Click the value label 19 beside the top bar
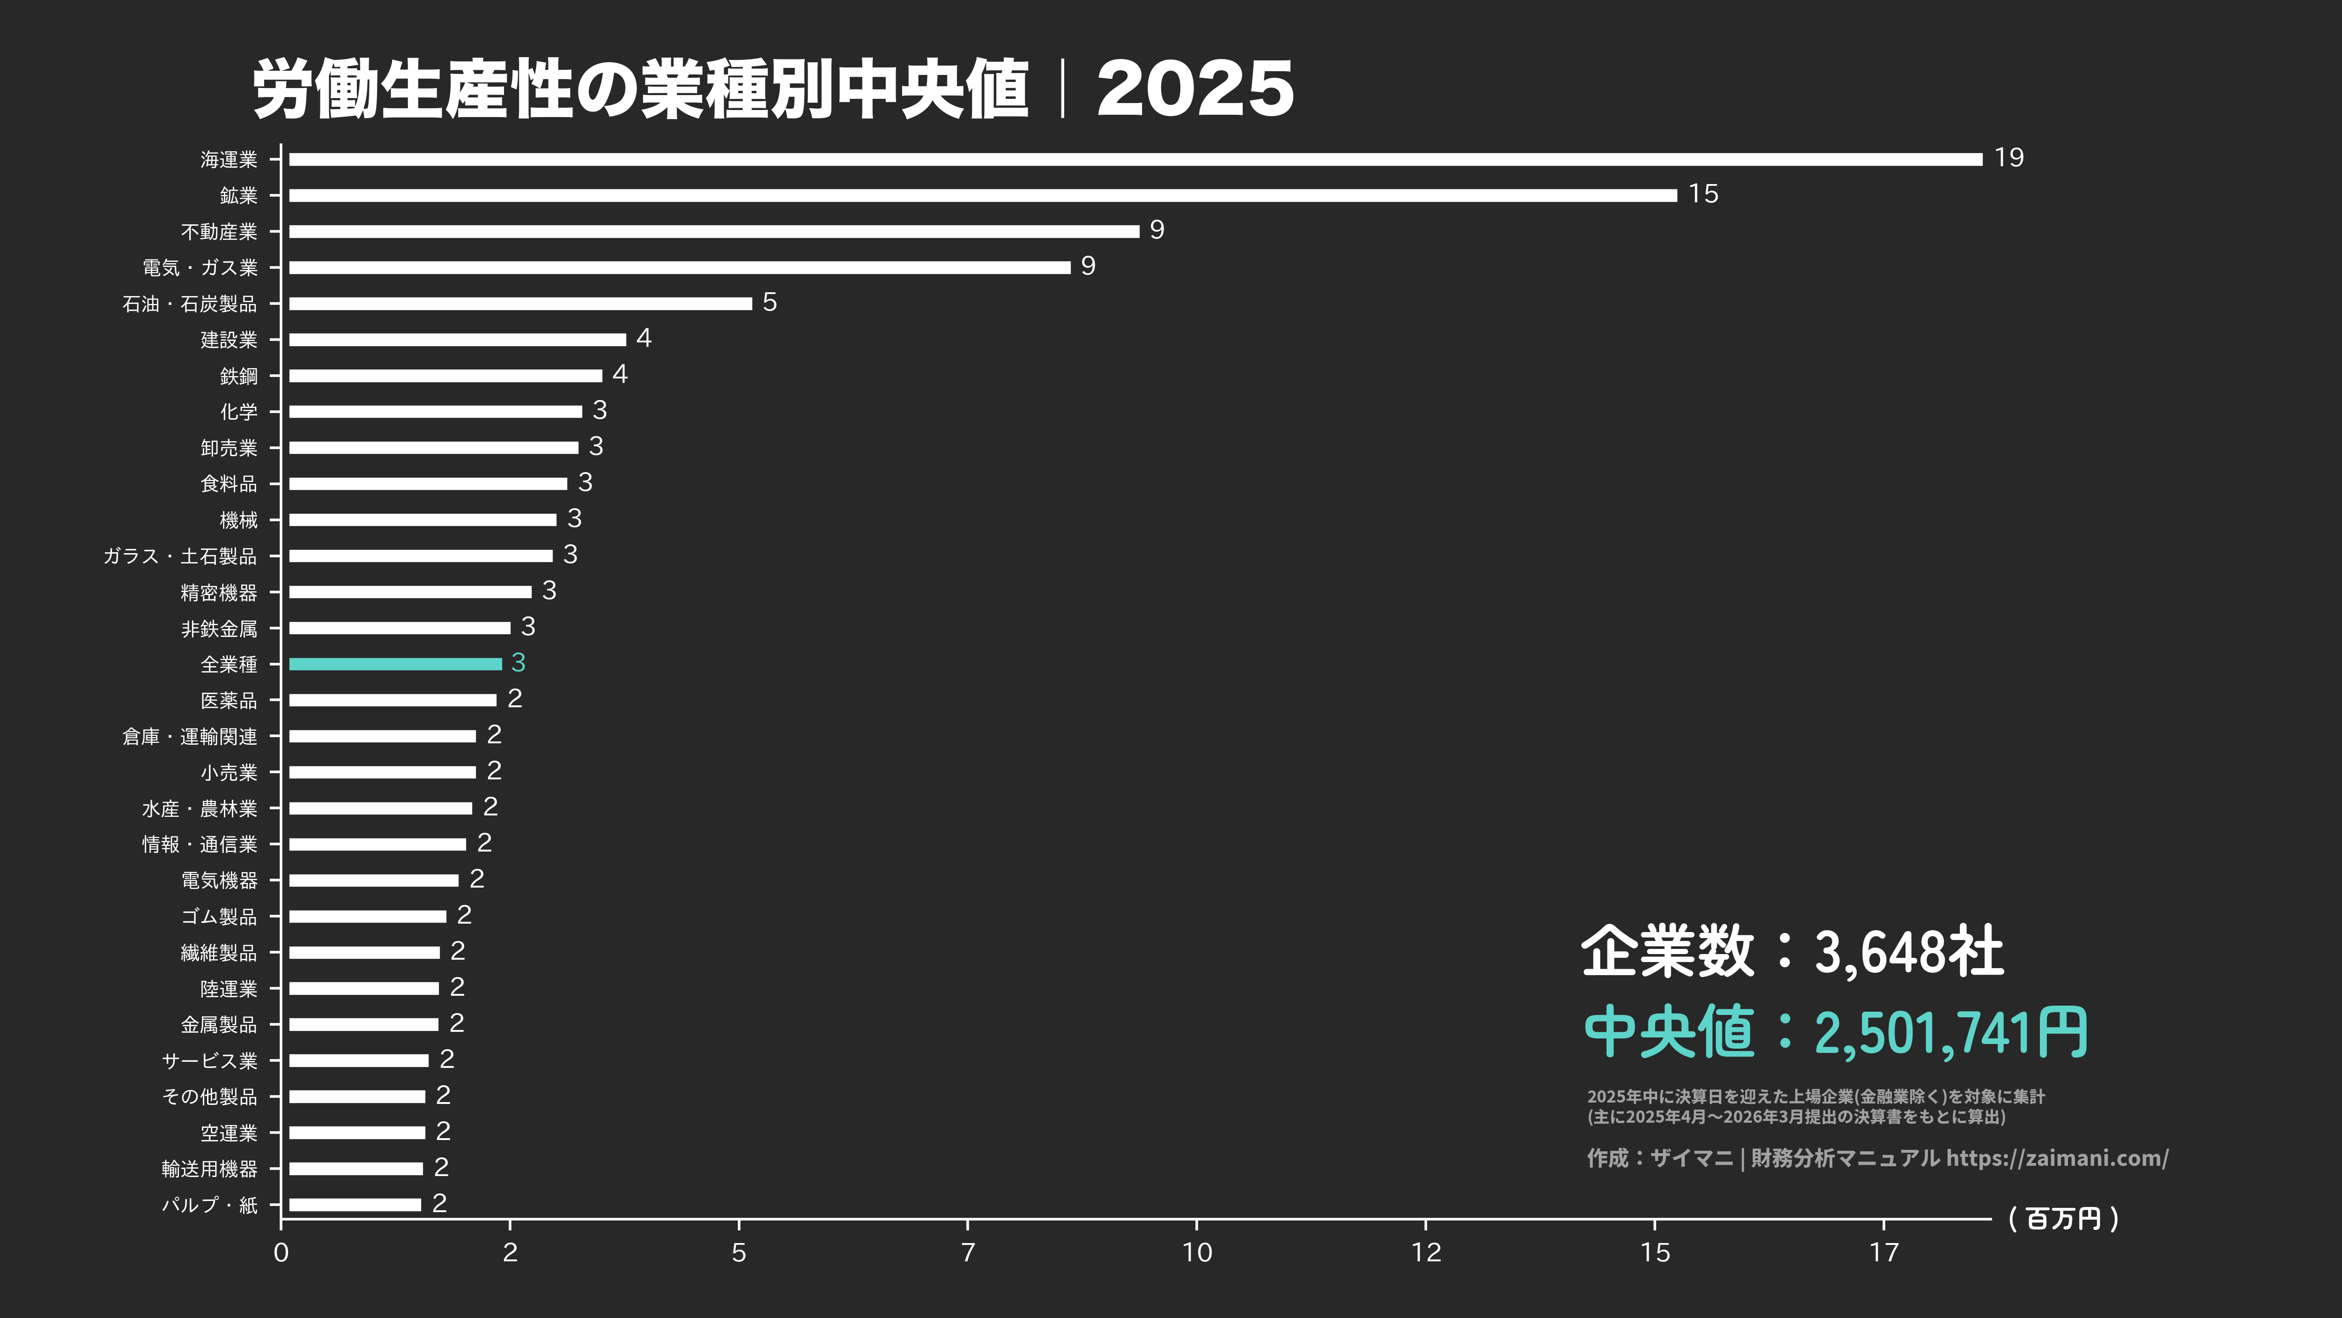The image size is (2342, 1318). click(2009, 158)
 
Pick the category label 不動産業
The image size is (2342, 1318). click(219, 232)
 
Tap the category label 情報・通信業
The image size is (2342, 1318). click(200, 844)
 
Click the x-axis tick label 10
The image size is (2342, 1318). click(1196, 1252)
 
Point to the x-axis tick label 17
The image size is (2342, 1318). click(1884, 1252)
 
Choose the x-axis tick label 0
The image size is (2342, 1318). click(281, 1252)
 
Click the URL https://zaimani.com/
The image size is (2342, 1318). click(2057, 1158)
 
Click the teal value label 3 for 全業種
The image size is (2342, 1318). click(518, 663)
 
